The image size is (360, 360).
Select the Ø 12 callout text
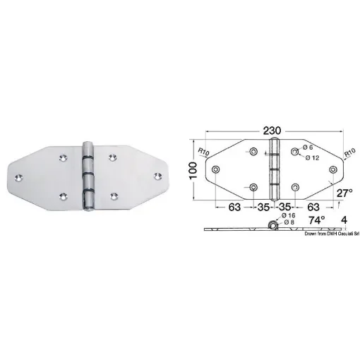(313, 158)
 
